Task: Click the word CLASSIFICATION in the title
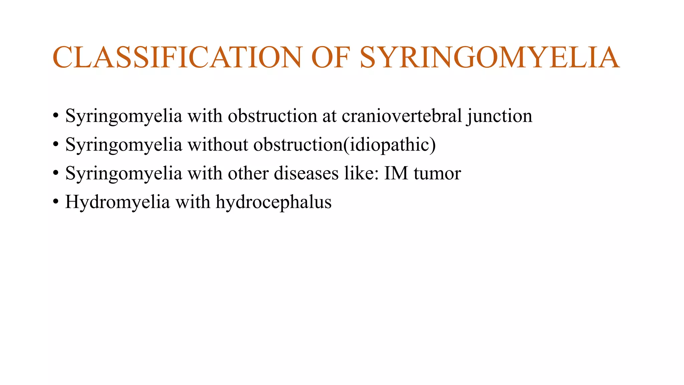click(177, 57)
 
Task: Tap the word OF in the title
click(331, 57)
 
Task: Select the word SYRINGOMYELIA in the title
click(490, 57)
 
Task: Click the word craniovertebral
click(402, 116)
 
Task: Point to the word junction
click(500, 117)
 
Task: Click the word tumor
click(437, 174)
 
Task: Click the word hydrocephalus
click(274, 203)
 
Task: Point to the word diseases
click(306, 173)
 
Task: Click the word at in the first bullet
click(329, 116)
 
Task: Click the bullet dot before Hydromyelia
click(55, 202)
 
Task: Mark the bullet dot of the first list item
click(55, 116)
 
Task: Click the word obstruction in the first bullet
click(273, 116)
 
